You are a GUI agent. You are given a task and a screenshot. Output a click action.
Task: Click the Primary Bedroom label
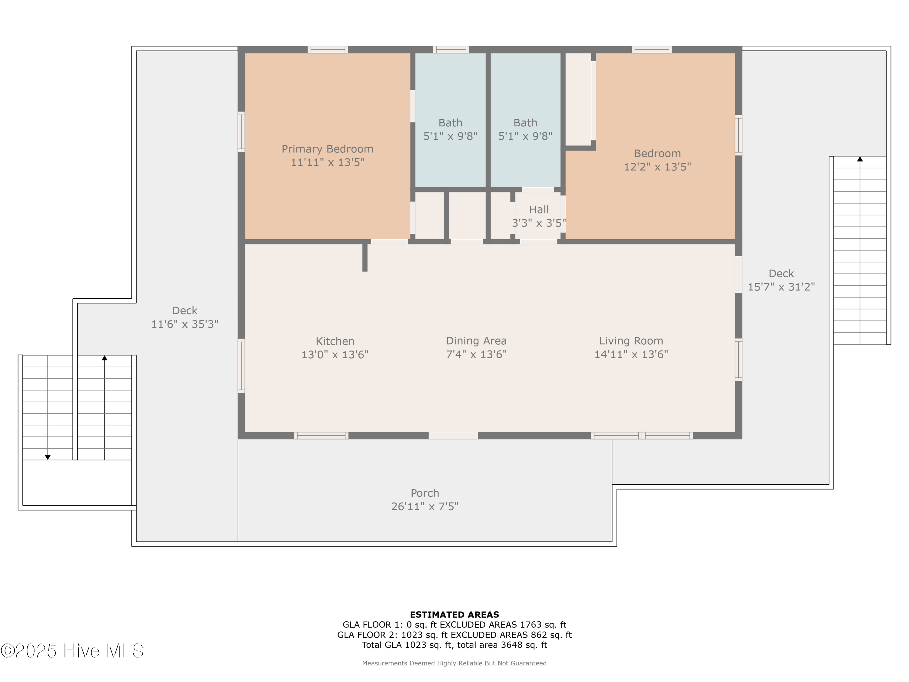[327, 149]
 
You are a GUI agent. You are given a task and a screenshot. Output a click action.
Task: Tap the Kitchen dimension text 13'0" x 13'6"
[335, 354]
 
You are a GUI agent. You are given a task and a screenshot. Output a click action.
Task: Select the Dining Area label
[476, 341]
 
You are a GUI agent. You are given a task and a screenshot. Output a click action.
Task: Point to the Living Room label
[631, 341]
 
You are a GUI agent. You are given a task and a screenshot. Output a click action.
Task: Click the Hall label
[539, 210]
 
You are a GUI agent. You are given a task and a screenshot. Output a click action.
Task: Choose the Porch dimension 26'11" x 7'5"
[425, 506]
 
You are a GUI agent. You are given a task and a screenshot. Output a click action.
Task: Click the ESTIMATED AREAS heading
[454, 615]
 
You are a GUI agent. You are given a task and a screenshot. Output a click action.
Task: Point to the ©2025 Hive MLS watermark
[72, 651]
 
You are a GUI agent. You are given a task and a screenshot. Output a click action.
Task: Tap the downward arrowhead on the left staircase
[48, 457]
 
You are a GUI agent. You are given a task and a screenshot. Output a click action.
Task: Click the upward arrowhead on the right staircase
[860, 159]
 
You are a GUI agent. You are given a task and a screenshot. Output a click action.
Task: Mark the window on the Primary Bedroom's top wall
[328, 50]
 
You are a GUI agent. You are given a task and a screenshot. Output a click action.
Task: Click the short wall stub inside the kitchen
[365, 257]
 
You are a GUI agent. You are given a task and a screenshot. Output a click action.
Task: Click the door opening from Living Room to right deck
[738, 275]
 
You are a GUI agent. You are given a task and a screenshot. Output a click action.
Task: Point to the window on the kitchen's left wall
[241, 366]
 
